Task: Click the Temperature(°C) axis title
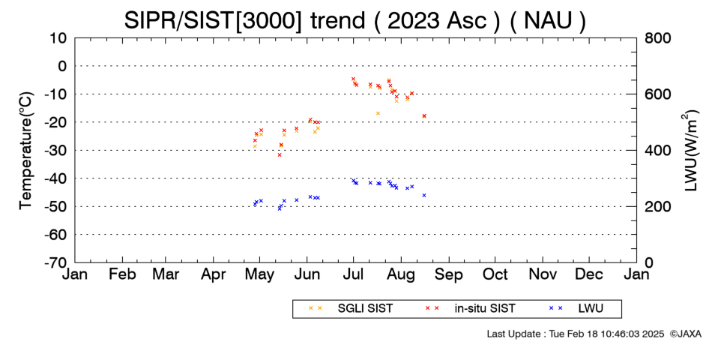(x=26, y=151)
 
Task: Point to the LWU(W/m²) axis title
(x=690, y=151)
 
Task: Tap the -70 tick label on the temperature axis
(x=55, y=262)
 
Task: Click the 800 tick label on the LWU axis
(x=657, y=37)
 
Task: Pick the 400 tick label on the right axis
(x=657, y=150)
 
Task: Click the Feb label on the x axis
(x=122, y=274)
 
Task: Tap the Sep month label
(x=449, y=274)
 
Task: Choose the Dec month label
(x=589, y=274)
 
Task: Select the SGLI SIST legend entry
(x=365, y=308)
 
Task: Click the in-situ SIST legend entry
(x=485, y=308)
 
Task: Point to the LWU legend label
(x=591, y=308)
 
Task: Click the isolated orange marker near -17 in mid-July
(x=378, y=113)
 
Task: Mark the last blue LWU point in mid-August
(x=424, y=196)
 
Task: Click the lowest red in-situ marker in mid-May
(x=280, y=155)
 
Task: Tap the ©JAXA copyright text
(x=685, y=334)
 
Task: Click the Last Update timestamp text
(x=576, y=334)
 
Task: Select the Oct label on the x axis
(x=495, y=274)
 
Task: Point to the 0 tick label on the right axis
(x=648, y=262)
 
